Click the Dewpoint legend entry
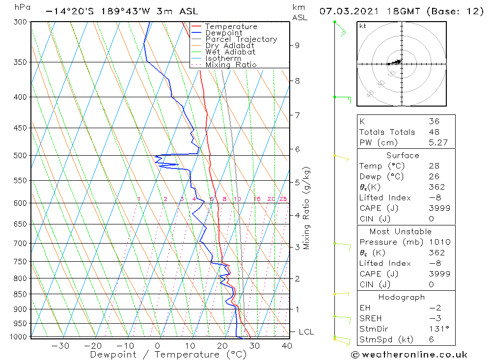[x=224, y=33]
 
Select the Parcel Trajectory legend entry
[x=241, y=39]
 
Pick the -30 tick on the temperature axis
[x=60, y=346]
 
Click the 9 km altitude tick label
[x=297, y=45]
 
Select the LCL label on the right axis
[x=306, y=332]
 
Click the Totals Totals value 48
[x=434, y=132]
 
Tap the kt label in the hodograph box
[x=363, y=26]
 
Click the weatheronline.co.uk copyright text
[x=409, y=355]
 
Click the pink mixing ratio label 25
[x=283, y=199]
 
